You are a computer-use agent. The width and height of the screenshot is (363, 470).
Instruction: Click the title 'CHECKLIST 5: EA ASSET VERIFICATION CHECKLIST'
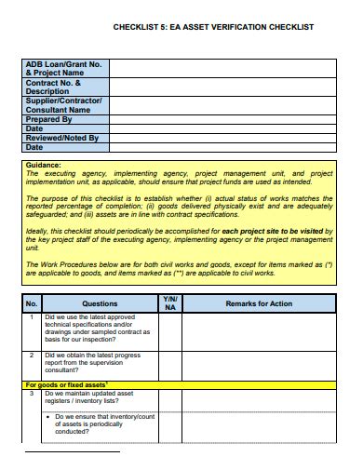point(213,28)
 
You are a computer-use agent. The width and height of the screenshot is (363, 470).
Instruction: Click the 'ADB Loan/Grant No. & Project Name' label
point(63,67)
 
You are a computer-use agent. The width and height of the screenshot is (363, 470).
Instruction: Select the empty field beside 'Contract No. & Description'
point(223,87)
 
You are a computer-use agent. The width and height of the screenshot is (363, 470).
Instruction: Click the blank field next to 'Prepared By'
point(223,118)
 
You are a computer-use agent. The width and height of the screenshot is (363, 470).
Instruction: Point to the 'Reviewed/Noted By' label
point(61,137)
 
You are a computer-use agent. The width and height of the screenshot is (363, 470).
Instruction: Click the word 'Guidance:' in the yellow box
point(44,165)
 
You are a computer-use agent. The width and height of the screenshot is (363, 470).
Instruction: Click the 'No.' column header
point(31,303)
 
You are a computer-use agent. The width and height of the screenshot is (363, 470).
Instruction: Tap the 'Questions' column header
point(100,303)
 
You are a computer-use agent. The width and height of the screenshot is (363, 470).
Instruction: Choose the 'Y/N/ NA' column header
point(169,303)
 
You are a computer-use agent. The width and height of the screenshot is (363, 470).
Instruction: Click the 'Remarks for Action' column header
point(260,303)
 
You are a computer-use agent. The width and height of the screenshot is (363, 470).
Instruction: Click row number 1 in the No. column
point(31,317)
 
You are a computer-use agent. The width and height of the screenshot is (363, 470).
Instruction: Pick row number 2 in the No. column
point(31,355)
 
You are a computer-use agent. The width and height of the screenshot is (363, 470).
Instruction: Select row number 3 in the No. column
point(31,392)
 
